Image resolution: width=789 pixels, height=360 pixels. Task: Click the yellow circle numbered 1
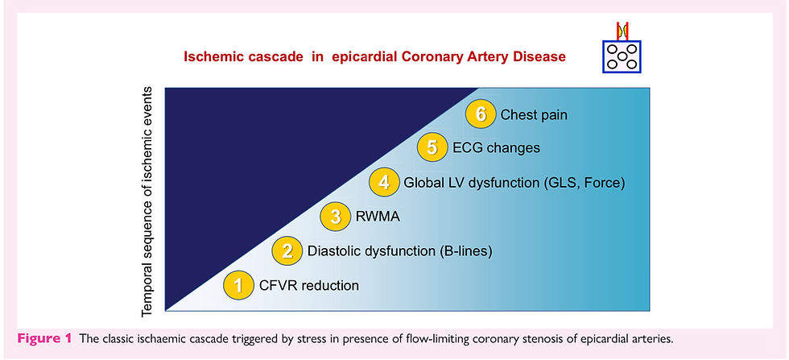pos(238,284)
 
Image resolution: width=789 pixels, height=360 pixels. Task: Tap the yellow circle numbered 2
pos(287,250)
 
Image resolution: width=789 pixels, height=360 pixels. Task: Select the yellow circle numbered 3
pos(336,217)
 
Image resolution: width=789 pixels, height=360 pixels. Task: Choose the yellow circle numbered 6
pos(481,114)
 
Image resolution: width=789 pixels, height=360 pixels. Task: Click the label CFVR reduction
pos(309,285)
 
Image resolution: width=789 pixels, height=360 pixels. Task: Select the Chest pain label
pos(534,115)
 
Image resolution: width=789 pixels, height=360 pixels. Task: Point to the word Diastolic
pos(333,250)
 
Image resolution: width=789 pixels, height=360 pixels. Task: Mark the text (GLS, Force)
pos(585,183)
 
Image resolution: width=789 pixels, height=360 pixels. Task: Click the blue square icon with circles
pos(622,56)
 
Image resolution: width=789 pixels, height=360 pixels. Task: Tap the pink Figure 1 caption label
pos(44,338)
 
